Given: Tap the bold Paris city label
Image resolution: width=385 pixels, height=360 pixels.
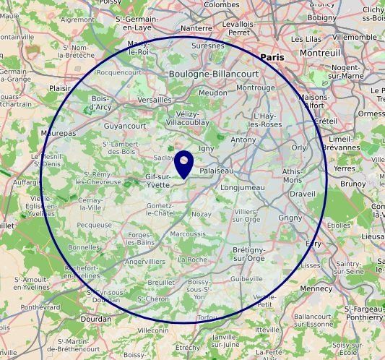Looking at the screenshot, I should point(272,57).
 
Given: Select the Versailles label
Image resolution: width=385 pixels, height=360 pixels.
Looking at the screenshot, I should point(154,100).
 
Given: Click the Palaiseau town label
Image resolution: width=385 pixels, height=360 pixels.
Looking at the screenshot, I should point(217,171).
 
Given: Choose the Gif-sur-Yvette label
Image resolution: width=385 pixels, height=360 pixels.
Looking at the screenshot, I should point(157,181).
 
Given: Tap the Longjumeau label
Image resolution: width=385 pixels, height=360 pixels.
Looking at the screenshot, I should point(243,187).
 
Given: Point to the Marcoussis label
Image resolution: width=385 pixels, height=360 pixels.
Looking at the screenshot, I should point(187,234).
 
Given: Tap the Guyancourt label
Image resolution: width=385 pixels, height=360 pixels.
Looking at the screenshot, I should point(125,126).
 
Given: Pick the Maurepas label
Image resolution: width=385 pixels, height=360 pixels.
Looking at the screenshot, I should point(59,134).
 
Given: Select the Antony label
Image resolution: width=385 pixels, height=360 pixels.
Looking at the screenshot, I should point(243,140).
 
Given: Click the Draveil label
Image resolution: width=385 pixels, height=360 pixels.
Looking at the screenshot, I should point(302,194).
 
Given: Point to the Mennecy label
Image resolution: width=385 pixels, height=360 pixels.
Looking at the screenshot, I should point(316,289).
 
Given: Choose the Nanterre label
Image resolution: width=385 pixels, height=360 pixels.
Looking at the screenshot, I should point(196,28).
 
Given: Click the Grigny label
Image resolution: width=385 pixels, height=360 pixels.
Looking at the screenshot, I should point(290,218).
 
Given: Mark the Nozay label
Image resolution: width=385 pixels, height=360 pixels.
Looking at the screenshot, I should point(202,214).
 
